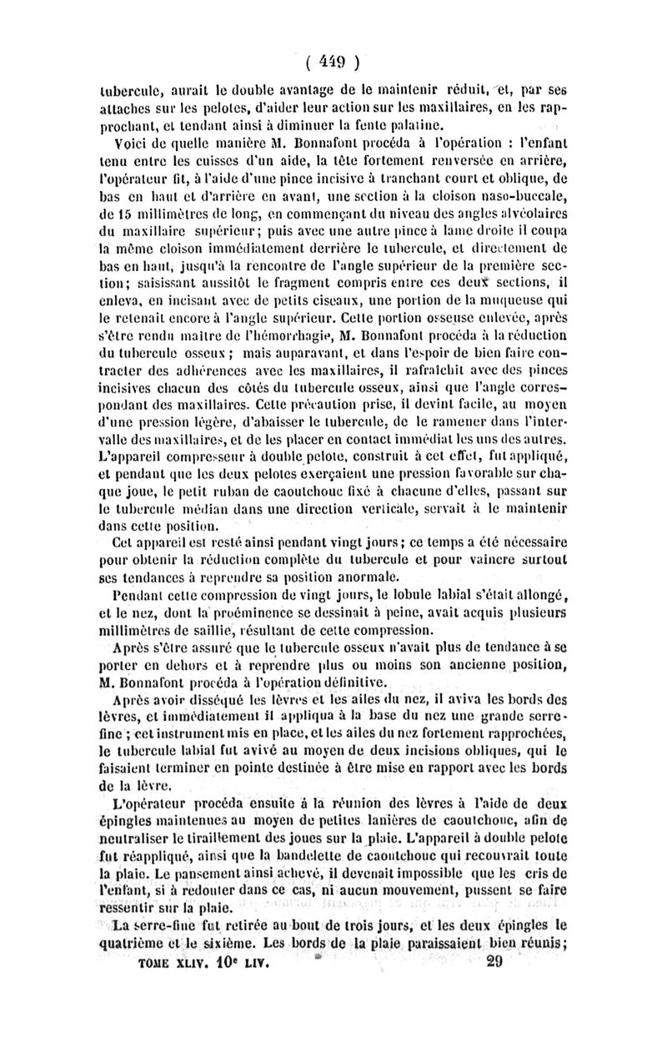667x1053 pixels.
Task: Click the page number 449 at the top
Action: [332, 60]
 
